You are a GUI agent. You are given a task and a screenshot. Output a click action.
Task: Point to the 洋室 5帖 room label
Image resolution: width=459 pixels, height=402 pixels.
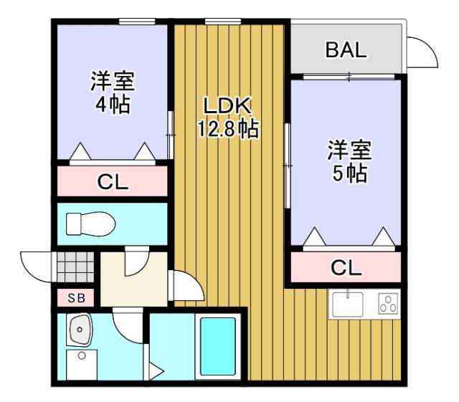click(349, 161)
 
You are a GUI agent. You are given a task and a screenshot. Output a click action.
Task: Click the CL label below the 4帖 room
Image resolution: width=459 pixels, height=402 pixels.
click(113, 182)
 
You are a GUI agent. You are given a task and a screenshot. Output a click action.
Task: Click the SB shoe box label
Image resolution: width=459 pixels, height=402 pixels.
click(75, 297)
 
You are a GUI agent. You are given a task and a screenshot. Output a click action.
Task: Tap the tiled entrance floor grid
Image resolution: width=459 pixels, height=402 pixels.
click(75, 269)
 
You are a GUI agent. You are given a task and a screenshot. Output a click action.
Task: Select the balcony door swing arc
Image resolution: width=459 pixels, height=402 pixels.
click(422, 52)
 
